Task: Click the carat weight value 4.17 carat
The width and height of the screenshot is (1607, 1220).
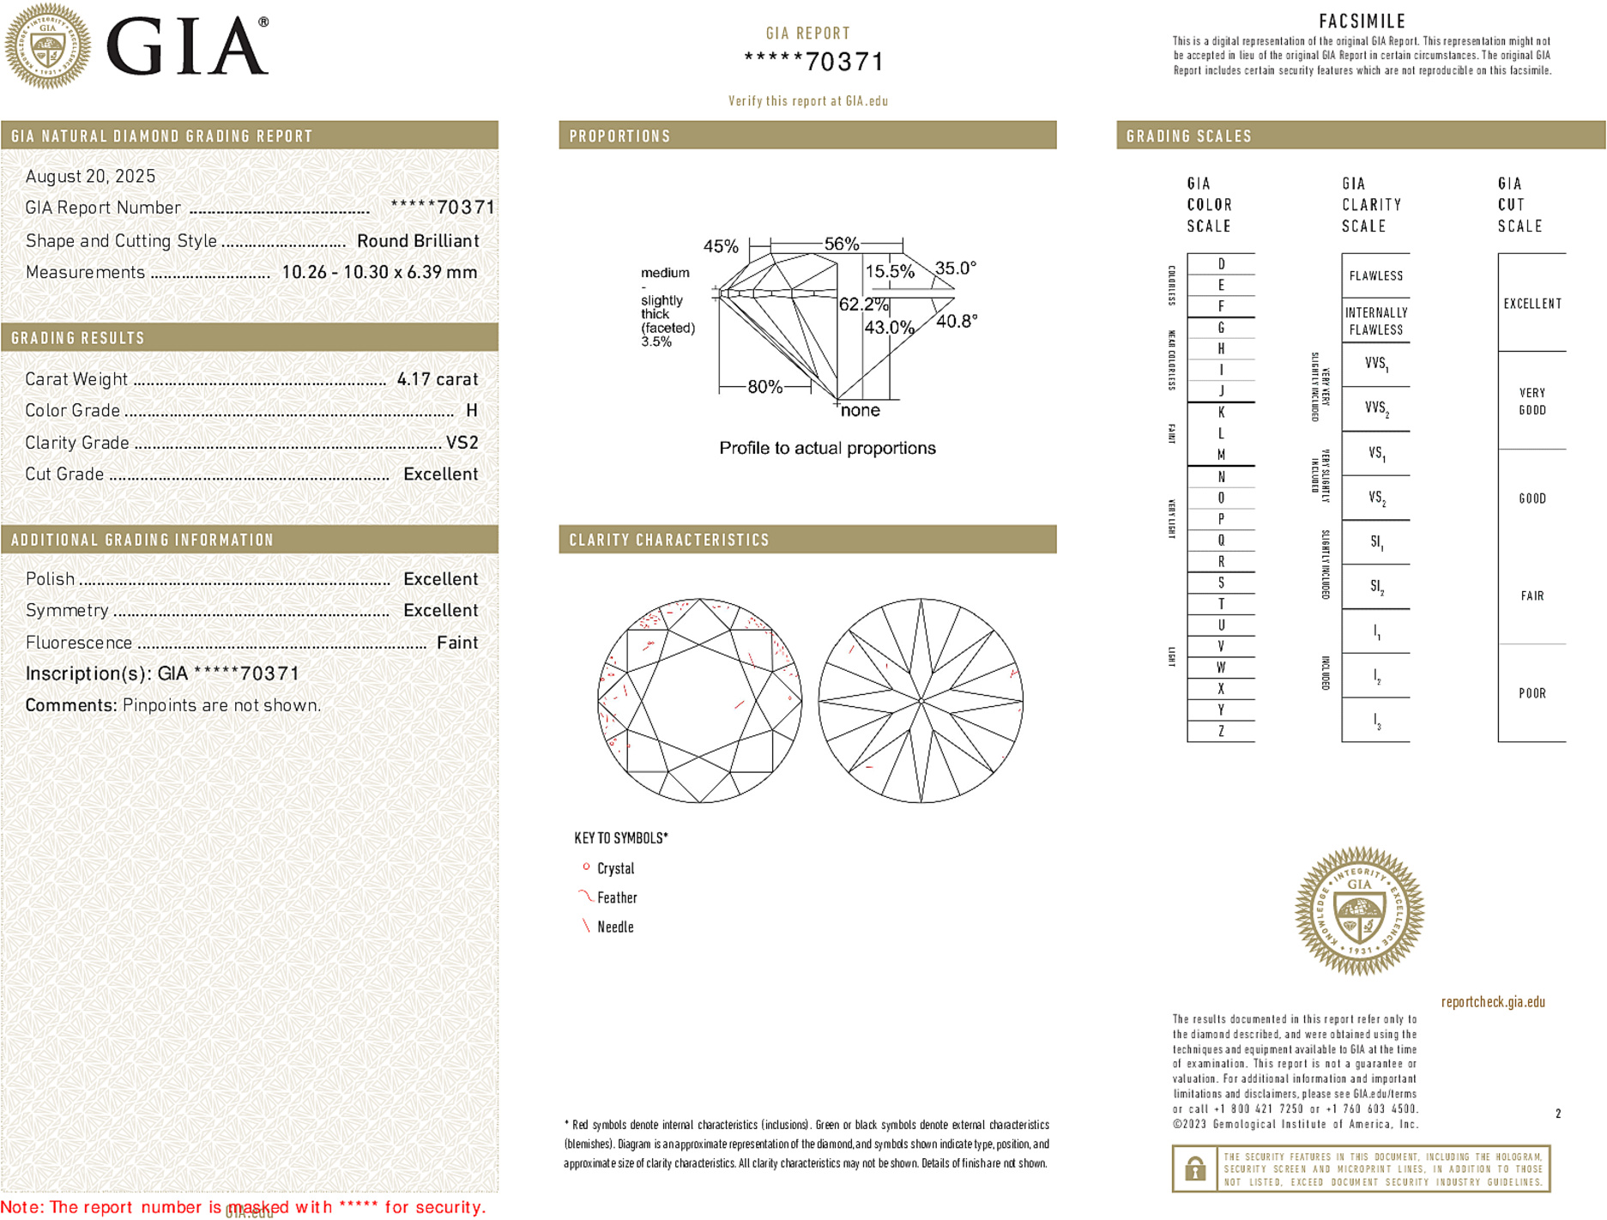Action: point(437,379)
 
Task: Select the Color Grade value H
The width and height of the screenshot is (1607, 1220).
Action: point(471,411)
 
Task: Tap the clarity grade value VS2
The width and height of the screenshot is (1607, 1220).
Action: point(462,443)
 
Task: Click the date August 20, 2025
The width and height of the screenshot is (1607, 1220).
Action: point(90,177)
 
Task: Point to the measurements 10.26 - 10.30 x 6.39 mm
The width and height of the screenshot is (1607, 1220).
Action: point(379,273)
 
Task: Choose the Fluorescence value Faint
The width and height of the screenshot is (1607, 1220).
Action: point(457,643)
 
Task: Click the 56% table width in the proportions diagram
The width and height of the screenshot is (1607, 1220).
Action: point(841,244)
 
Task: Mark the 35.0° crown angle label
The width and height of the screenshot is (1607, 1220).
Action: point(955,269)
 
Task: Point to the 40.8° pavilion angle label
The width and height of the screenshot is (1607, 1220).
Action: point(957,322)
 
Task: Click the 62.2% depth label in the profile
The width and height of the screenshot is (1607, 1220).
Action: point(863,305)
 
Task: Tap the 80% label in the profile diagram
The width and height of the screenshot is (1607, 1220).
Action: point(764,387)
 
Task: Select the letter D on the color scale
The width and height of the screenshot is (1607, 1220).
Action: point(1221,264)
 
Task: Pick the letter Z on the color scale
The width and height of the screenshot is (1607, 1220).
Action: point(1221,731)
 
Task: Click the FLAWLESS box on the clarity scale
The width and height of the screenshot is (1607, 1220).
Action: point(1375,276)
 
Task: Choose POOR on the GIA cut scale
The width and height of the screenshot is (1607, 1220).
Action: point(1531,693)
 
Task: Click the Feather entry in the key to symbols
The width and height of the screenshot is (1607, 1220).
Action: point(617,898)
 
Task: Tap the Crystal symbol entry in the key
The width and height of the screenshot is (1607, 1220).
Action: point(615,869)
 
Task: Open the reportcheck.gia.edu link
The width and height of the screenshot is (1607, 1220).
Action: point(1492,1002)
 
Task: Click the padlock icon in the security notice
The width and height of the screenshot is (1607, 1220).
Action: point(1194,1169)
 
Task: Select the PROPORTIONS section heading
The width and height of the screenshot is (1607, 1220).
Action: point(619,136)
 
